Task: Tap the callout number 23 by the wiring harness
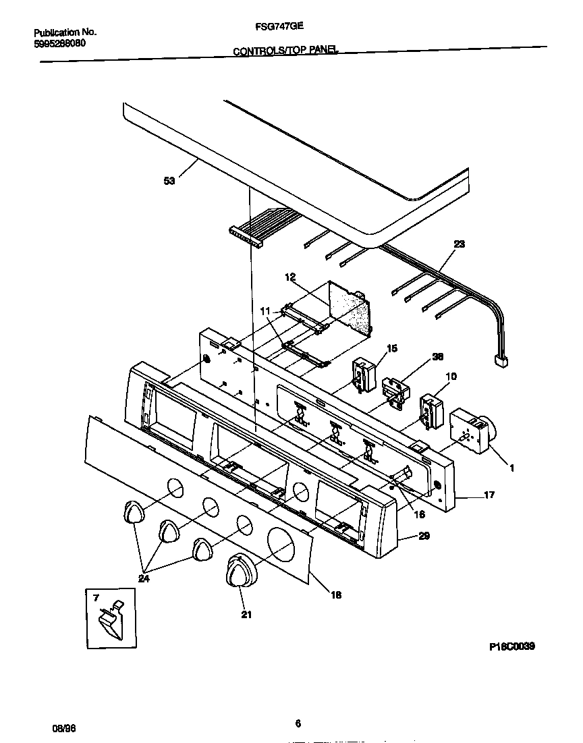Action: (x=459, y=245)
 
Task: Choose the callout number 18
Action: (x=335, y=595)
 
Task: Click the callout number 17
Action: (x=489, y=495)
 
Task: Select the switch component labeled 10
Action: (x=428, y=412)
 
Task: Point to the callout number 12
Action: (x=290, y=277)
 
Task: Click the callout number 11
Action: (x=266, y=310)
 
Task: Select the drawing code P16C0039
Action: (x=511, y=646)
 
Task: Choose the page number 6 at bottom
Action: (x=298, y=723)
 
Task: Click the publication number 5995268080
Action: (x=60, y=43)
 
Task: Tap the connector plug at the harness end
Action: (x=501, y=362)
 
